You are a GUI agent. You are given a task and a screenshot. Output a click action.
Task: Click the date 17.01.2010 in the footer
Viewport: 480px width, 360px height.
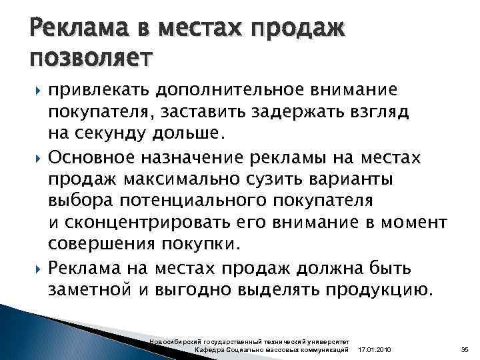pos(375,350)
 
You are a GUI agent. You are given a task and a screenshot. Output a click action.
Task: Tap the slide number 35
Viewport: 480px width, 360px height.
pos(465,350)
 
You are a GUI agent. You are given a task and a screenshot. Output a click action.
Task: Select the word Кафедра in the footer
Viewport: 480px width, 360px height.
pos(209,350)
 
